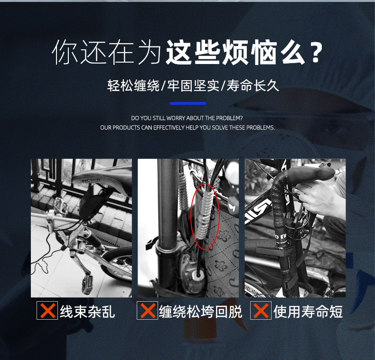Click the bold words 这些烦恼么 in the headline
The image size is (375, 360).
(235, 52)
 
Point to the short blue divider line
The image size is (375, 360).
(187, 103)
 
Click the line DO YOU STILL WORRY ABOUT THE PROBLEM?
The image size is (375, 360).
(187, 118)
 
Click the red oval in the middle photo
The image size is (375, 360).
(205, 216)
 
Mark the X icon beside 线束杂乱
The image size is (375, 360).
(47, 311)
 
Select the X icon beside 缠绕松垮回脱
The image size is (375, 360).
(147, 311)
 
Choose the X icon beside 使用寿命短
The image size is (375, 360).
(261, 311)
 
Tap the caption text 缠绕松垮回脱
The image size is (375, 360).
(200, 312)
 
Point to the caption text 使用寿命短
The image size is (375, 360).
(308, 312)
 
